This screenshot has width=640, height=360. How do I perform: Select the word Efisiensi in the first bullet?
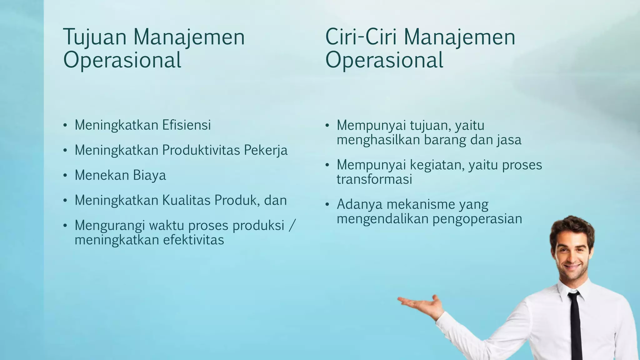click(186, 125)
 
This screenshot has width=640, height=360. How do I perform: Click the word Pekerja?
click(266, 150)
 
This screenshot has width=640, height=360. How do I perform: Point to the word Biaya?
click(149, 175)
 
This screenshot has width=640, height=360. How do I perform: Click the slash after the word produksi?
click(292, 225)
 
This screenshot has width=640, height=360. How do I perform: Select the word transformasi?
click(374, 179)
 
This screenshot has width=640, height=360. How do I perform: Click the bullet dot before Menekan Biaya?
click(65, 176)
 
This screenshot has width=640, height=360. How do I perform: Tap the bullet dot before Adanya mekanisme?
click(327, 205)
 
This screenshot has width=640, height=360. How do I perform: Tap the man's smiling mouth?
click(573, 267)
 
